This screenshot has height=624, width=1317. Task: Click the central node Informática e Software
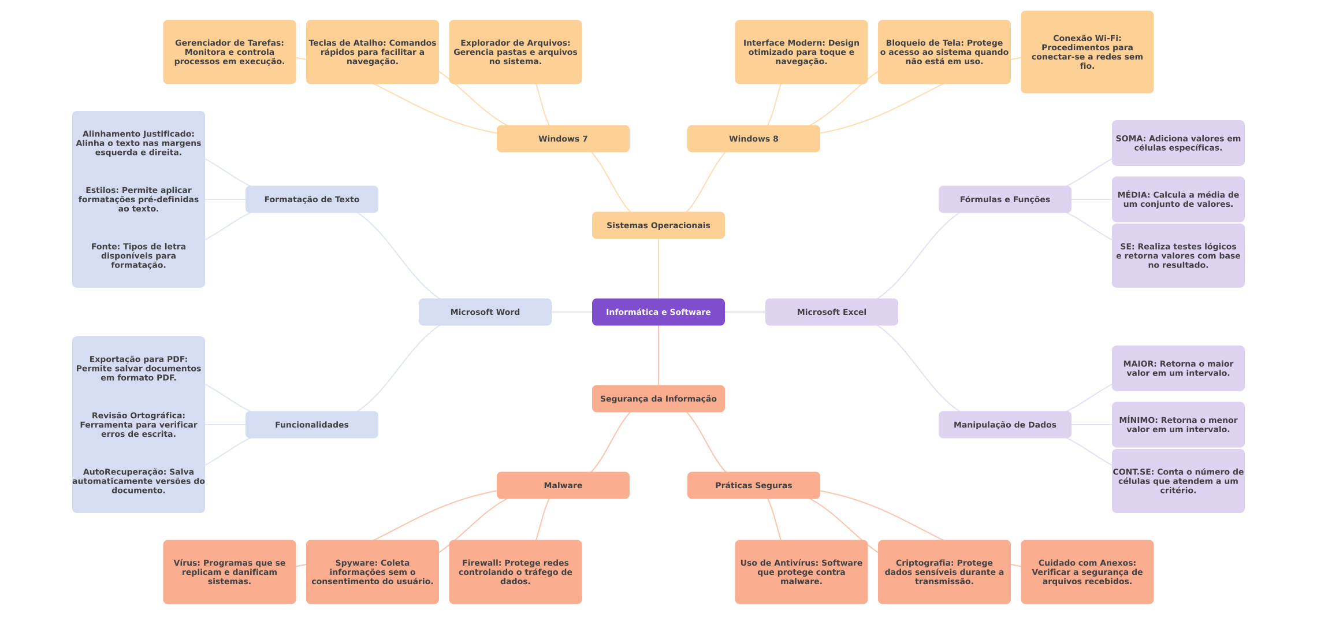tap(658, 312)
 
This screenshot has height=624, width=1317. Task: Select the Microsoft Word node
tap(485, 312)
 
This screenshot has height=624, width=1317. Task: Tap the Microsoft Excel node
tap(831, 312)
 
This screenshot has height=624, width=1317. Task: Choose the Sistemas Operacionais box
tap(658, 225)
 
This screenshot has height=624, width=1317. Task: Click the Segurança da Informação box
tap(658, 399)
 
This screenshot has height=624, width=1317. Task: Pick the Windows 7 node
tap(563, 139)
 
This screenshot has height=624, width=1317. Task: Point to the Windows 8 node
tap(753, 139)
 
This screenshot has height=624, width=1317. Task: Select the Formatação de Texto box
tap(311, 199)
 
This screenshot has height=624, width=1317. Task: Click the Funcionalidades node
tap(311, 425)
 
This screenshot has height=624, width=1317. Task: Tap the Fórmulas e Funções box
tap(1005, 199)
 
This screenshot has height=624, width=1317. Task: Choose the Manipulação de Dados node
tap(1005, 425)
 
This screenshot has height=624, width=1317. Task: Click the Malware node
tap(563, 485)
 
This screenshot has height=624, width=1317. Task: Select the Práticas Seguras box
tap(753, 485)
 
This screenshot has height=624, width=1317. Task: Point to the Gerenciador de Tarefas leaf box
tap(229, 52)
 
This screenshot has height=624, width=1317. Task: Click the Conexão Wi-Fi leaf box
tap(1087, 52)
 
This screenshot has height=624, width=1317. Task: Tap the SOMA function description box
tap(1178, 143)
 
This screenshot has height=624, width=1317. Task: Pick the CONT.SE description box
tap(1178, 481)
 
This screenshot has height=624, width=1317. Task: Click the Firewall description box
tap(515, 572)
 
